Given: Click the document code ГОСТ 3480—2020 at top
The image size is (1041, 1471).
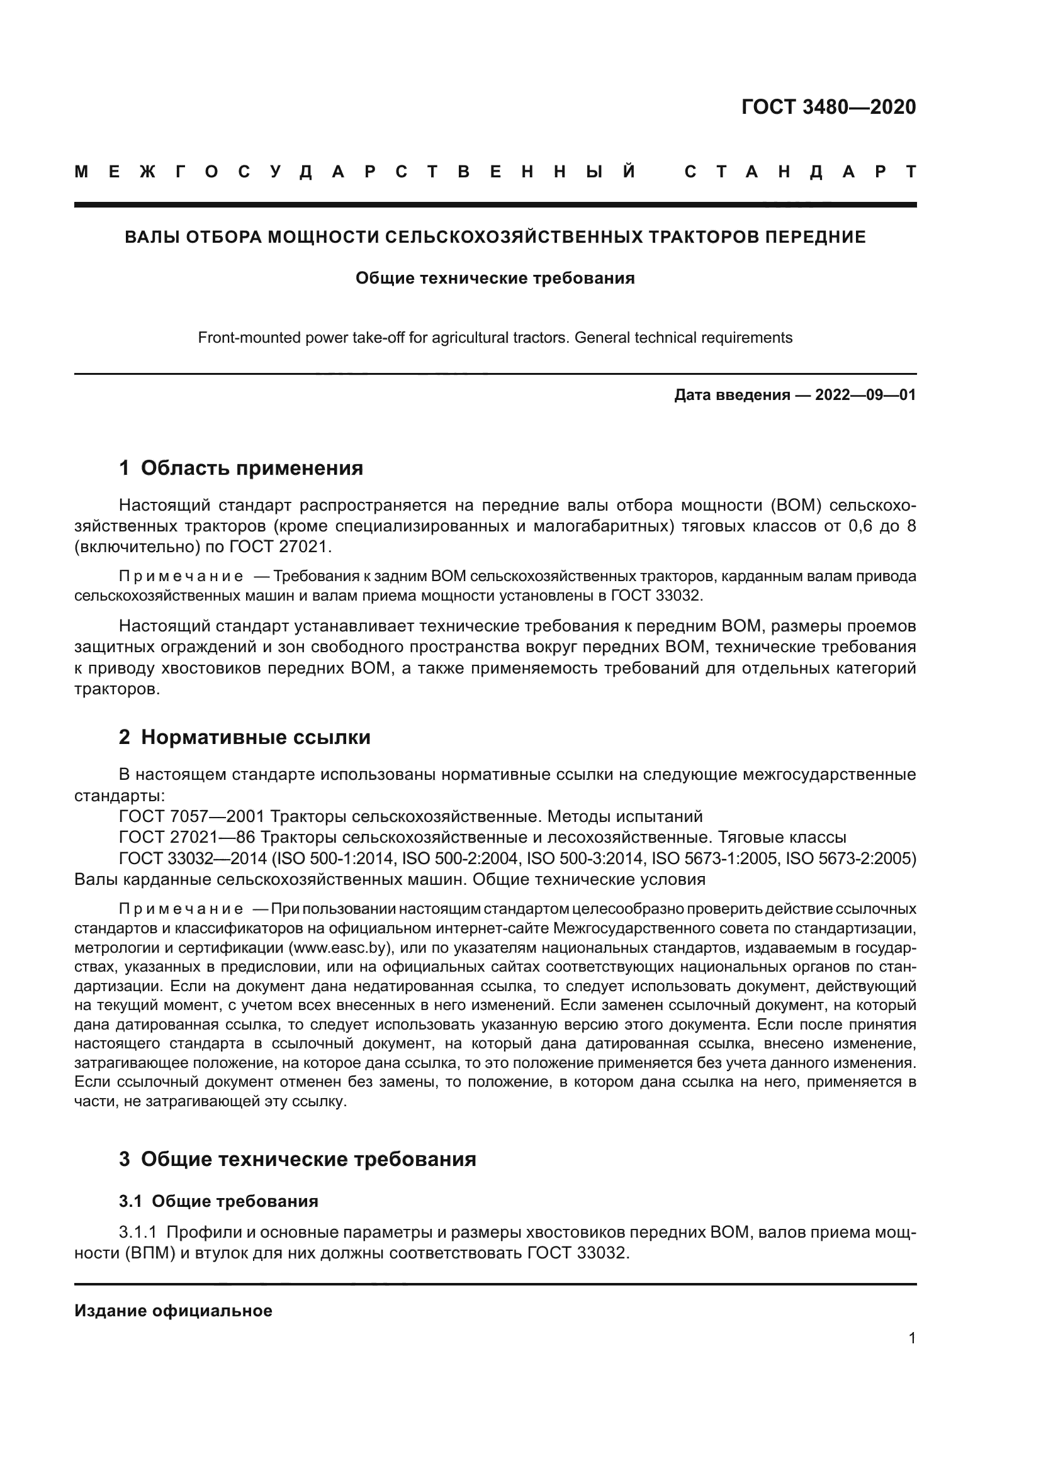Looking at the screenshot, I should [828, 107].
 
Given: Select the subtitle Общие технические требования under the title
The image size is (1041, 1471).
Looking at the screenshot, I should [495, 279].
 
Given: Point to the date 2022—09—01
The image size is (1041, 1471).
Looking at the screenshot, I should [865, 396].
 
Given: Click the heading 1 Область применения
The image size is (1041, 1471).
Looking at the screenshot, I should [241, 469].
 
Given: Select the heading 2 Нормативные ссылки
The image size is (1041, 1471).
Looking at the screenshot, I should [244, 738].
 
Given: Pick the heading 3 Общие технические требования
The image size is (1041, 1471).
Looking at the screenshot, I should [298, 1159].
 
